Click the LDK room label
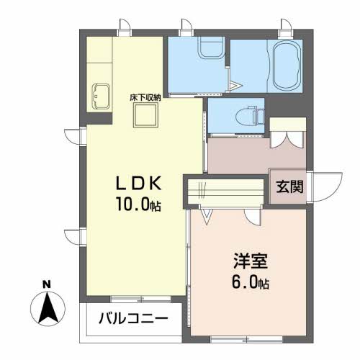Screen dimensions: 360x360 138,184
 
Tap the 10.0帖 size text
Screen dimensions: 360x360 138,204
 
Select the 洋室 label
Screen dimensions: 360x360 251,261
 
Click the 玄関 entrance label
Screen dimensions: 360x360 289,186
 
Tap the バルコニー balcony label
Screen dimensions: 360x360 133,319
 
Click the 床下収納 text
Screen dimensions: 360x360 145,98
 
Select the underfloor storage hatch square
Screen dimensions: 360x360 145,115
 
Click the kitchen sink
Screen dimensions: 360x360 101,96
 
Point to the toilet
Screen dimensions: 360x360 250,116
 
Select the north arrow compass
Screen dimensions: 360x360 48,308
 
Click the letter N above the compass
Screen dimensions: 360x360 47,284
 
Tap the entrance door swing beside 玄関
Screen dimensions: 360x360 326,186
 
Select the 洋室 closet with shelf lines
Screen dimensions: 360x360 225,192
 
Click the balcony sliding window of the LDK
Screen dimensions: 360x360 141,299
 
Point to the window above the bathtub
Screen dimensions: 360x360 286,32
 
